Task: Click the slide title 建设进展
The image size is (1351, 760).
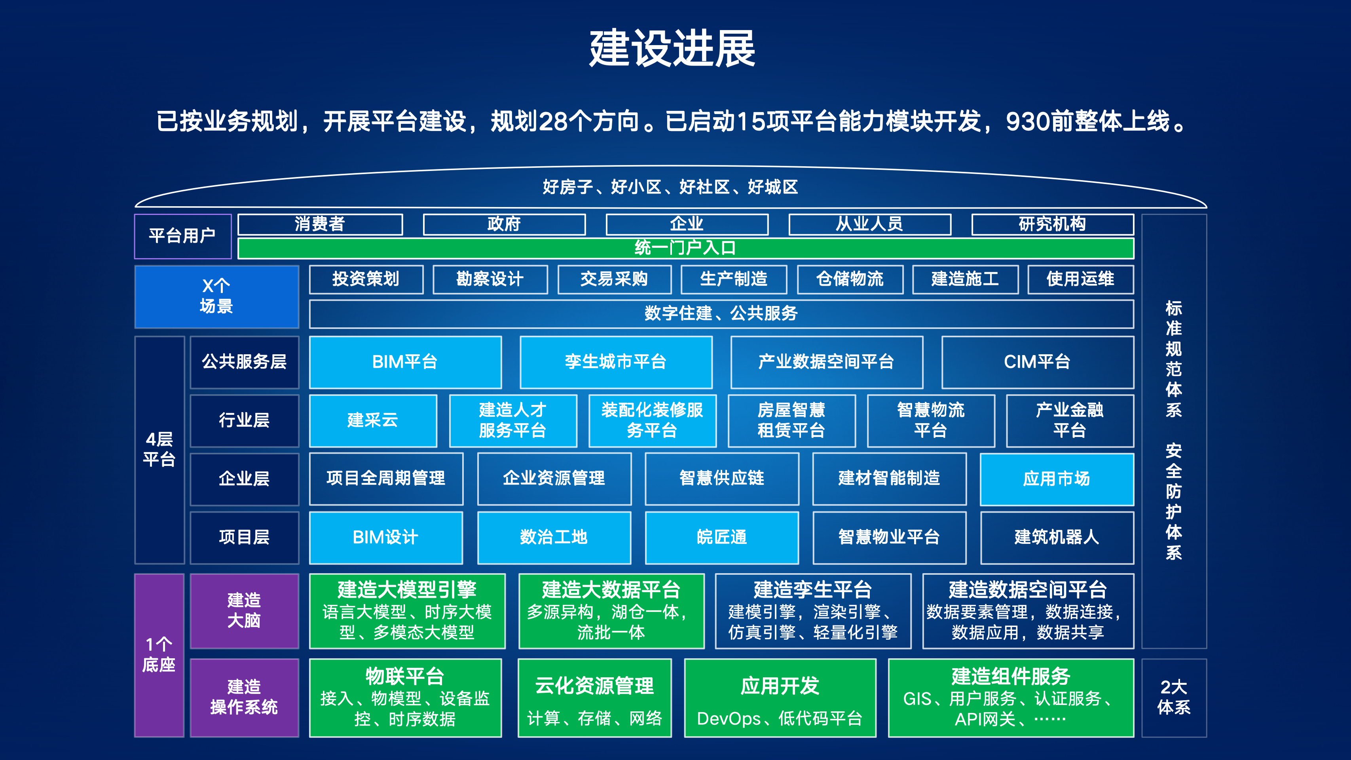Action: (x=672, y=48)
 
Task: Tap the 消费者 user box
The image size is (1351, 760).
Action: (x=320, y=224)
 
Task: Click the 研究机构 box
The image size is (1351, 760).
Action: (x=1052, y=224)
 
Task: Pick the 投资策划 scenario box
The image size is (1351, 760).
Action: (x=366, y=279)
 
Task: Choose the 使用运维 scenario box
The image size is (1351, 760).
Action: (x=1080, y=279)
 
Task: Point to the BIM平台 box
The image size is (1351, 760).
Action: (x=405, y=362)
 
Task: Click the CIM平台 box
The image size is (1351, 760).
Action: (x=1037, y=362)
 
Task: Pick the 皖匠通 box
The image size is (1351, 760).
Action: (x=722, y=538)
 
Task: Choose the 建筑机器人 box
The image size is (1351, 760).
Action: (x=1057, y=538)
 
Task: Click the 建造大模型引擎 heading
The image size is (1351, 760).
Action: (x=407, y=589)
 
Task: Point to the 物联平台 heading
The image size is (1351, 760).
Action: (x=405, y=676)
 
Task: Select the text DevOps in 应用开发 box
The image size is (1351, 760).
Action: (x=729, y=718)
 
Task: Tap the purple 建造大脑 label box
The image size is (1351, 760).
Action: (x=245, y=611)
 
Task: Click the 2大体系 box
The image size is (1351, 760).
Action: (x=1174, y=698)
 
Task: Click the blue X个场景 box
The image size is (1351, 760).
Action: (x=216, y=297)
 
